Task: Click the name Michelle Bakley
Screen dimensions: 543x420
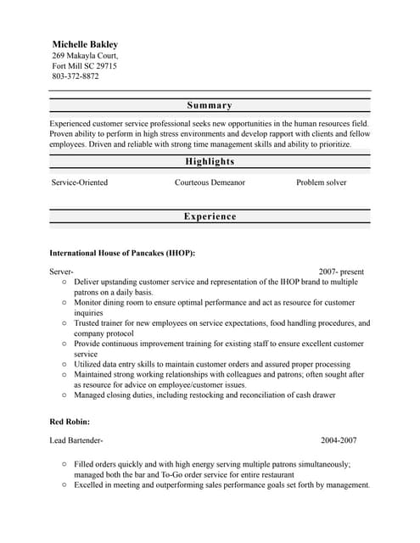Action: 85,44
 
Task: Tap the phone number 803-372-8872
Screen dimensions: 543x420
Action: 76,76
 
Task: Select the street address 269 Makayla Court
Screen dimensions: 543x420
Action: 91,55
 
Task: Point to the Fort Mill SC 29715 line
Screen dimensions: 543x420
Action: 85,65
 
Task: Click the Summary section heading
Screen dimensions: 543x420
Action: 210,105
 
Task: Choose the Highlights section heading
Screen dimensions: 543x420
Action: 210,161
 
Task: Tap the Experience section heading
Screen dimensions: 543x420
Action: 210,216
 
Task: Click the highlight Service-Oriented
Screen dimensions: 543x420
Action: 80,182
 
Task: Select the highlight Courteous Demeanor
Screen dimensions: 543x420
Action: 210,182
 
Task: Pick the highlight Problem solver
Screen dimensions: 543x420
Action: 322,182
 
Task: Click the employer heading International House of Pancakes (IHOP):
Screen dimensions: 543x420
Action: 122,253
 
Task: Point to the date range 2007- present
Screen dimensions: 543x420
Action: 340,271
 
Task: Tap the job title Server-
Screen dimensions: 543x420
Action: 62,271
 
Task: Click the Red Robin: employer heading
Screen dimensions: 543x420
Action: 70,421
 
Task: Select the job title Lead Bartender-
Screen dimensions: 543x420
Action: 76,441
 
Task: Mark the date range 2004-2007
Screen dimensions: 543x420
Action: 339,441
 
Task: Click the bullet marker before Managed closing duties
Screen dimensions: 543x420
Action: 64,395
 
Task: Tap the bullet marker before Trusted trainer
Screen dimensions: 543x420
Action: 64,323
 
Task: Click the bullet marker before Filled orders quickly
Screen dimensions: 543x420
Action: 64,465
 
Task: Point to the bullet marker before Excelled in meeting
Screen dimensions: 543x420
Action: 64,485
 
